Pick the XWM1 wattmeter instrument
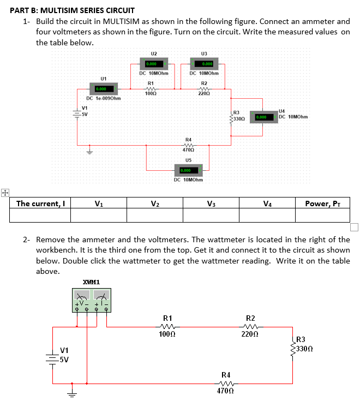point(90,300)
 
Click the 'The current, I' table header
point(40,204)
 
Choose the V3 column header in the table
point(211,204)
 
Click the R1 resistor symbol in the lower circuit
point(168,327)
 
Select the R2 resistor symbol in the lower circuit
point(250,327)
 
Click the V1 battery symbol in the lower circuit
point(53,355)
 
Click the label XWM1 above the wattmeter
point(91,282)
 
